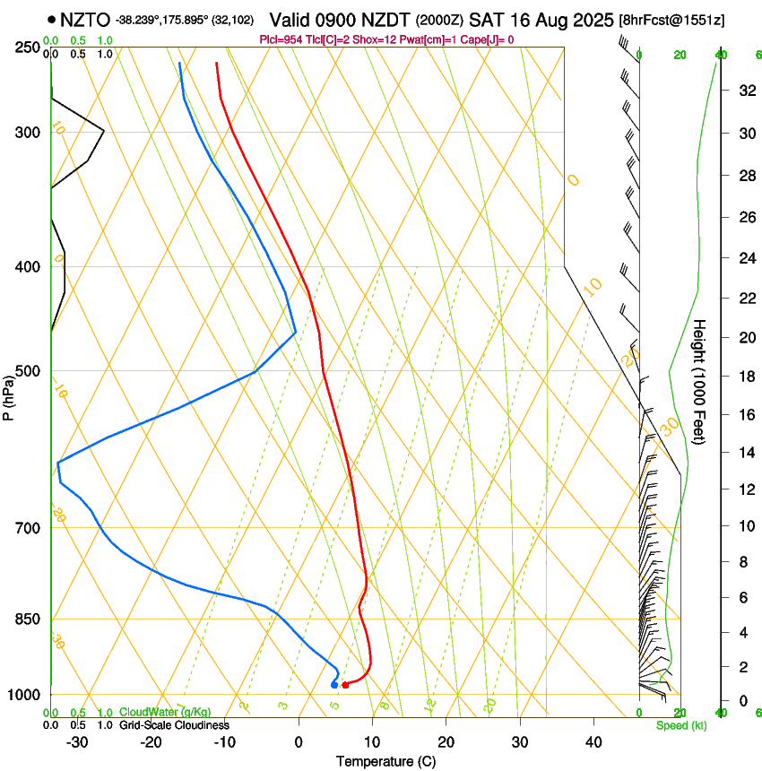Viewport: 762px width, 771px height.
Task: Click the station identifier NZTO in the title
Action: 85,19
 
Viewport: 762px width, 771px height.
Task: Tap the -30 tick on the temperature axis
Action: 78,742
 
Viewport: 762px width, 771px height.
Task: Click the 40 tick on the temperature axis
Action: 593,742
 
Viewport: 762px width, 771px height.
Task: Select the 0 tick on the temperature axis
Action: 299,742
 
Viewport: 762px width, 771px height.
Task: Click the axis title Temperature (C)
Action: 385,761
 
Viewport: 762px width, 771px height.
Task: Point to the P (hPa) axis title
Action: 9,396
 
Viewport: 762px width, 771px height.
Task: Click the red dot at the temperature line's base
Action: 345,685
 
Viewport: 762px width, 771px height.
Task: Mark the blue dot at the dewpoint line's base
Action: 334,685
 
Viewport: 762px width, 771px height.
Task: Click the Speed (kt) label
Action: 680,725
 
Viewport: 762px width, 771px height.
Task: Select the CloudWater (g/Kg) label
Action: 165,713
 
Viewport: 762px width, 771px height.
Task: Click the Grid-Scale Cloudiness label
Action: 174,725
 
